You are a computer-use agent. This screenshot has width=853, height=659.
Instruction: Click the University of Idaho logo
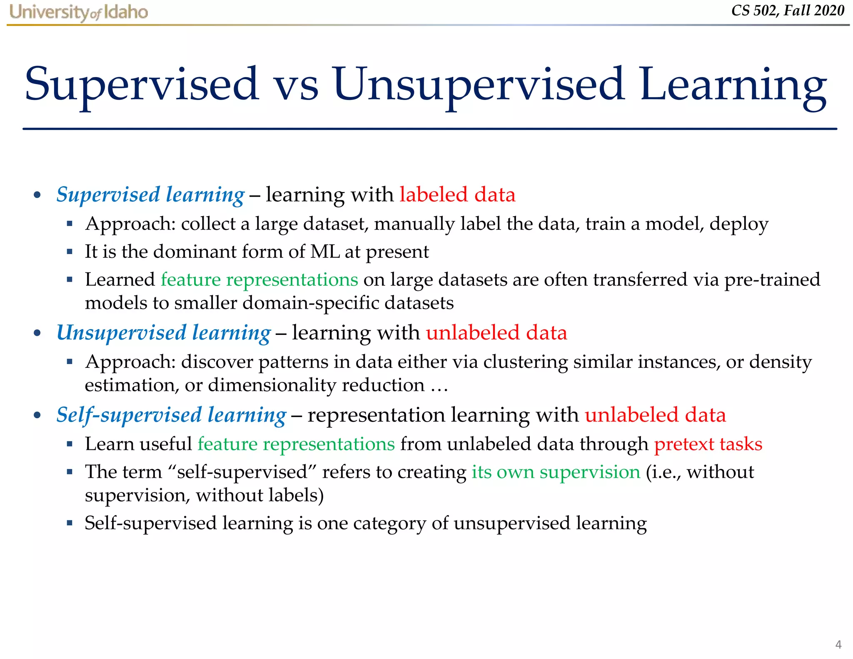coord(78,12)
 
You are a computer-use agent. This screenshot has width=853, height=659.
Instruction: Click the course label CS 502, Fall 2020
coord(787,10)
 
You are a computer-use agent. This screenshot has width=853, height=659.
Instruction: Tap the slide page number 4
coord(838,644)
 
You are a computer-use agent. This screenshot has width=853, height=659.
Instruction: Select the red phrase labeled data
coord(457,195)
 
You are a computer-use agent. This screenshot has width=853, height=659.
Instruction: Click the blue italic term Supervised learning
coord(150,195)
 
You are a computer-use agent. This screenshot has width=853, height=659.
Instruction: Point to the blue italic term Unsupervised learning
coord(164,333)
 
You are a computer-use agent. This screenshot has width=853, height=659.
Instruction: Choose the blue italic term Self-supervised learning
coord(171,415)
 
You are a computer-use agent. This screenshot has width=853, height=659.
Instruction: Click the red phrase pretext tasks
coord(708,444)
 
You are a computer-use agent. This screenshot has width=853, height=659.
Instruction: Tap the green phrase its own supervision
coord(556,472)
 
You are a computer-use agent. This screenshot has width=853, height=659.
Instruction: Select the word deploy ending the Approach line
coord(739,224)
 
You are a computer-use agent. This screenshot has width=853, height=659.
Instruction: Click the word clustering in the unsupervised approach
coord(526,362)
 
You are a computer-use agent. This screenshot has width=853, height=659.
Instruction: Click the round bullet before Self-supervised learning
coord(37,415)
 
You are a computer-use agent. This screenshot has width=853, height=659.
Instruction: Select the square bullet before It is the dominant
coord(70,252)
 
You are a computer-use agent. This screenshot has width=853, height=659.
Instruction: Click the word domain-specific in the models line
coord(310,303)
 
